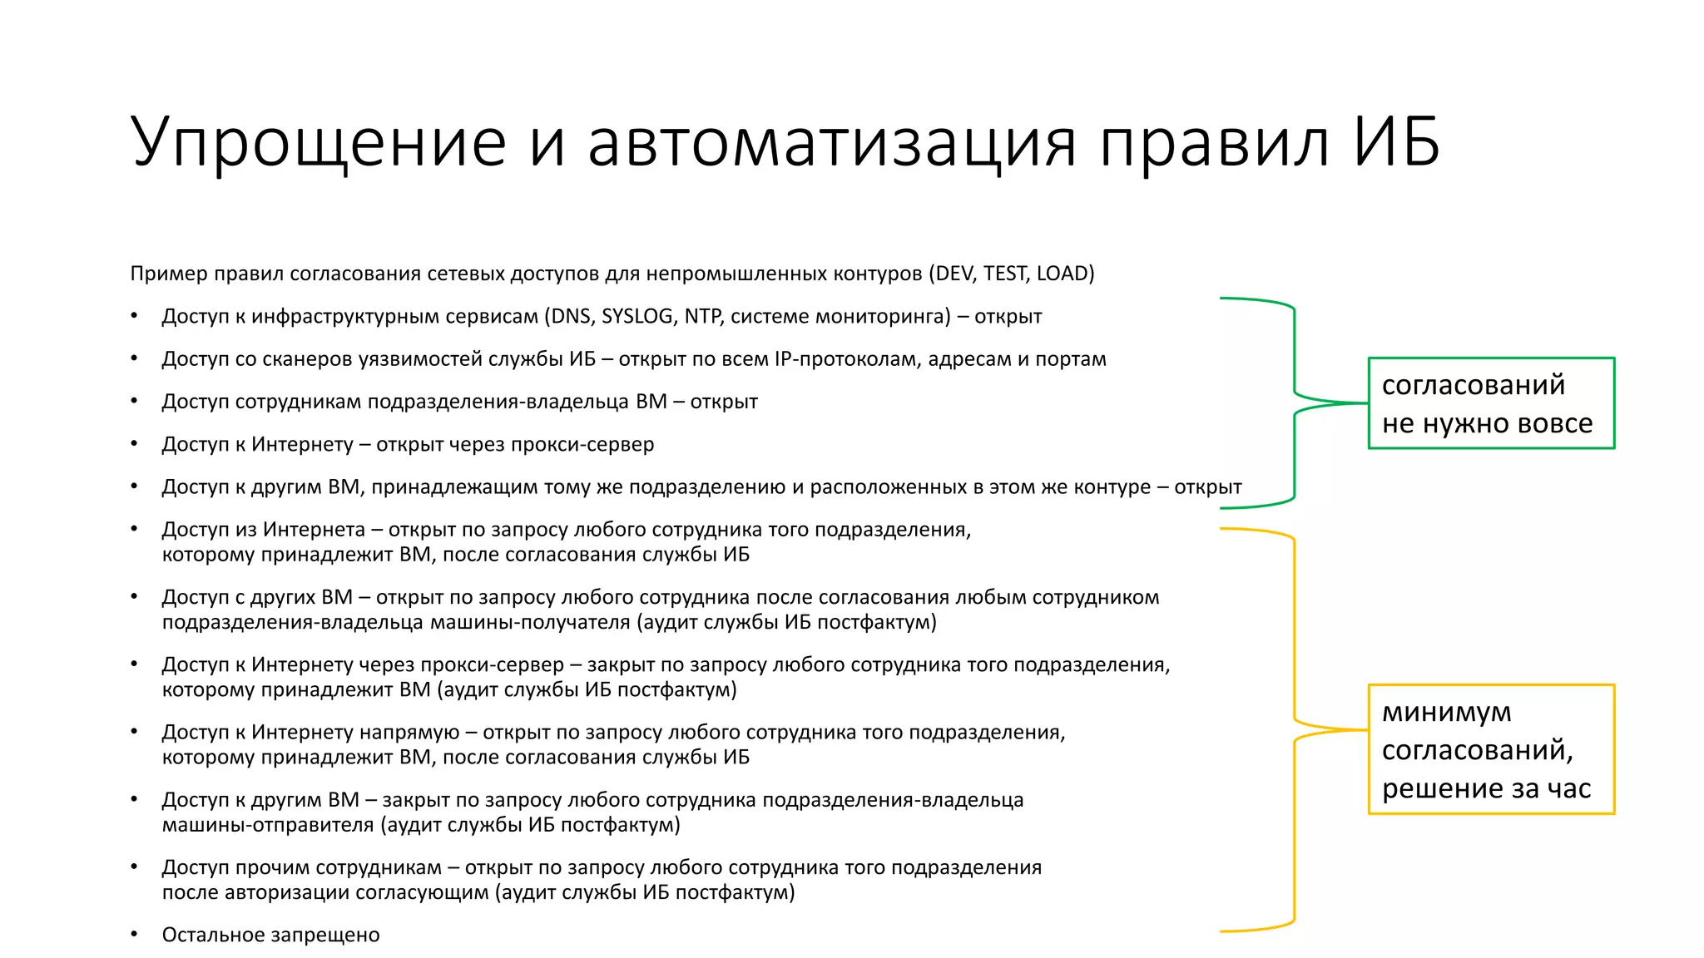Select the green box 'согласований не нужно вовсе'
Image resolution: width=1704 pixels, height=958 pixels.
pos(1491,403)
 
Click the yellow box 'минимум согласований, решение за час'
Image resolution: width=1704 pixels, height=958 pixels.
pos(1491,749)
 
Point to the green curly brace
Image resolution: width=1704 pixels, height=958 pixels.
pos(1295,402)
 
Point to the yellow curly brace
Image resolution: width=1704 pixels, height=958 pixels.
pos(1295,730)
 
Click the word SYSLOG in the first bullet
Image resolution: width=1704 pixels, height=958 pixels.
pos(637,317)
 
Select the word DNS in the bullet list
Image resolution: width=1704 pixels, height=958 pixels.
pos(570,317)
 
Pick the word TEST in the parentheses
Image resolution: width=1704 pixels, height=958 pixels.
pos(1004,274)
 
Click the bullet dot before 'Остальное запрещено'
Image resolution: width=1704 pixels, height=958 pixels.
pos(135,935)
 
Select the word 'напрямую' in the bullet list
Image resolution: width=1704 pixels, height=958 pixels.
pos(409,733)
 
